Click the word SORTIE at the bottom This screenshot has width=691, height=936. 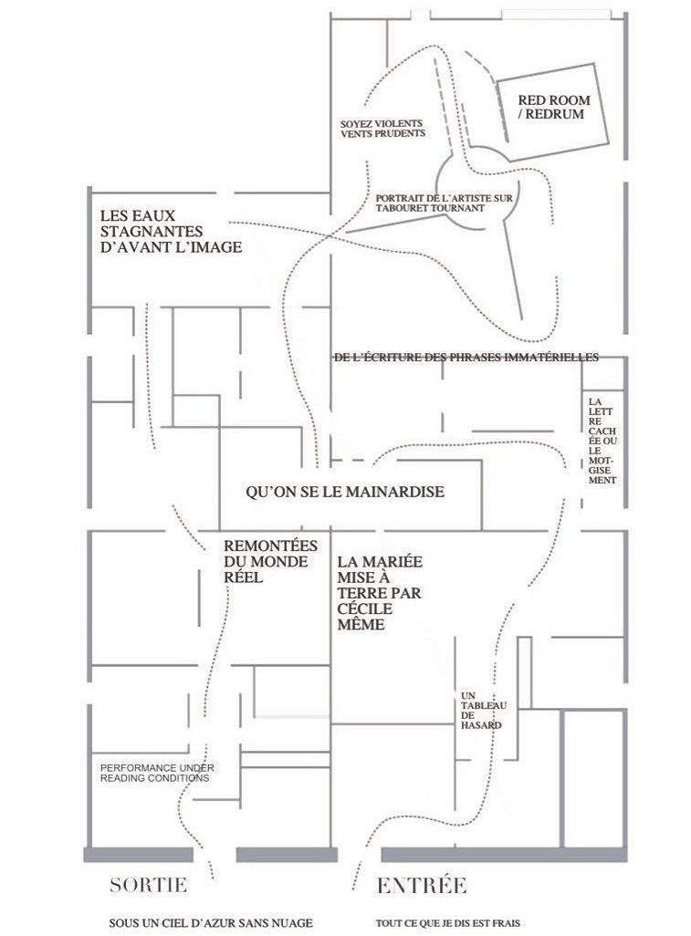[x=148, y=885]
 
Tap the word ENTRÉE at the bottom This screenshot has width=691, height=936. [x=422, y=885]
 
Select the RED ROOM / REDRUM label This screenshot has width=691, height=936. [x=554, y=107]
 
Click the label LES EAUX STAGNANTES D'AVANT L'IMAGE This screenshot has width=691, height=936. [x=171, y=231]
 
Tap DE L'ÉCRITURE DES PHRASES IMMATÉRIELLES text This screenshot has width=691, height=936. [x=466, y=358]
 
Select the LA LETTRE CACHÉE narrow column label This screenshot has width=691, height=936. [x=603, y=440]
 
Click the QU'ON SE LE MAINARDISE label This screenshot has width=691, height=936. [x=345, y=492]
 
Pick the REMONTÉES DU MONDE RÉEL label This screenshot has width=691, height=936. [x=270, y=561]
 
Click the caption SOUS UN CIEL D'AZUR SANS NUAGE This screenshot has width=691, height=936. [x=210, y=923]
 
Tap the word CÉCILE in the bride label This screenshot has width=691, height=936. [x=365, y=609]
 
